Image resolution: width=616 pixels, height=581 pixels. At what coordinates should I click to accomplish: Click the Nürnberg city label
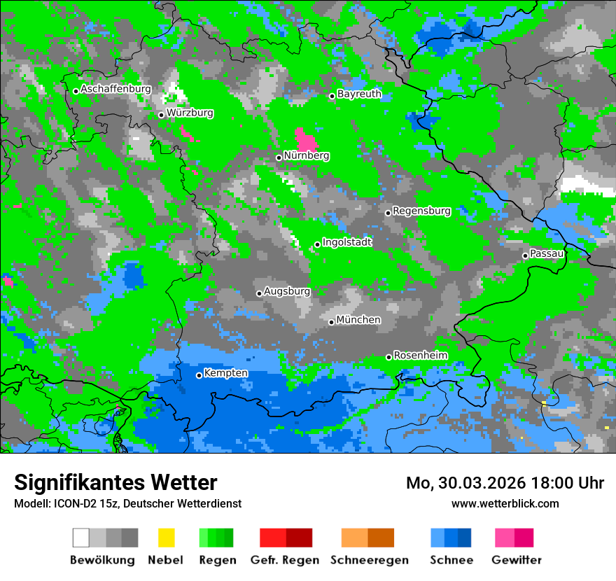(x=307, y=155)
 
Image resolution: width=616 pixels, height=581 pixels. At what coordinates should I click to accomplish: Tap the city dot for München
(x=332, y=322)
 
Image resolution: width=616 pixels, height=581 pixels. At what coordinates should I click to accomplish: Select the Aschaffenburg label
(x=116, y=89)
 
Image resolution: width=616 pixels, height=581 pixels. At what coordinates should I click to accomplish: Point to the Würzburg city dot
(x=161, y=115)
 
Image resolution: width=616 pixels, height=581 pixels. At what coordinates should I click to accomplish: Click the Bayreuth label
(x=359, y=93)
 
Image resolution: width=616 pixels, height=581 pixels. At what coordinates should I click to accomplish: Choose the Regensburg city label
(x=421, y=211)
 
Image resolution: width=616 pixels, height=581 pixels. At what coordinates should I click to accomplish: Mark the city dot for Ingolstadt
(x=317, y=244)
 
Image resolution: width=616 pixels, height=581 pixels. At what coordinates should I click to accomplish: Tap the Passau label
(x=547, y=253)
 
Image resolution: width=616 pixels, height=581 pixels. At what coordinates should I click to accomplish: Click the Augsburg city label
(x=287, y=291)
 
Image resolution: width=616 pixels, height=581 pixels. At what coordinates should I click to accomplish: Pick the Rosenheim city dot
(x=388, y=357)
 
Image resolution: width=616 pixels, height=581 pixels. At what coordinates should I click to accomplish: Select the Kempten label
(x=225, y=373)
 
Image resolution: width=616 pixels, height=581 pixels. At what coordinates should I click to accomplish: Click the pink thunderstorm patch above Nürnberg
(x=305, y=138)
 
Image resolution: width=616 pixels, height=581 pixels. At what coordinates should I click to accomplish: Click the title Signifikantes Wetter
(x=115, y=482)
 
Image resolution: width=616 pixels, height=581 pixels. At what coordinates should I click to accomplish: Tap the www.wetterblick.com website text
(x=505, y=503)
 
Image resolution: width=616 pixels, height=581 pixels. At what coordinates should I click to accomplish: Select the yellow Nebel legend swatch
(x=167, y=538)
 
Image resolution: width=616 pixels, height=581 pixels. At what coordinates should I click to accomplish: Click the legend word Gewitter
(x=517, y=560)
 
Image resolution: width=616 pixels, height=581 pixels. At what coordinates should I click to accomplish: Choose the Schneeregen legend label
(x=370, y=560)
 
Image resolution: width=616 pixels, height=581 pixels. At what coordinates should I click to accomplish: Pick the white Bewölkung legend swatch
(x=81, y=538)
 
